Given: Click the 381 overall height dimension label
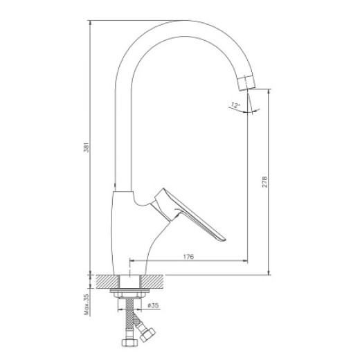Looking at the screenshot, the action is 86,147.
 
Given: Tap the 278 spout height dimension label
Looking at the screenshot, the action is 264,182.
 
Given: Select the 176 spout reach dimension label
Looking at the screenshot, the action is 188,256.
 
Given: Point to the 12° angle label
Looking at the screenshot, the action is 235,105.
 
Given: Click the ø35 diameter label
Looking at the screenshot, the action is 153,305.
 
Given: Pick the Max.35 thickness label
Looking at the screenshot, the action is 87,304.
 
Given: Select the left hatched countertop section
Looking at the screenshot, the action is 107,282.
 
